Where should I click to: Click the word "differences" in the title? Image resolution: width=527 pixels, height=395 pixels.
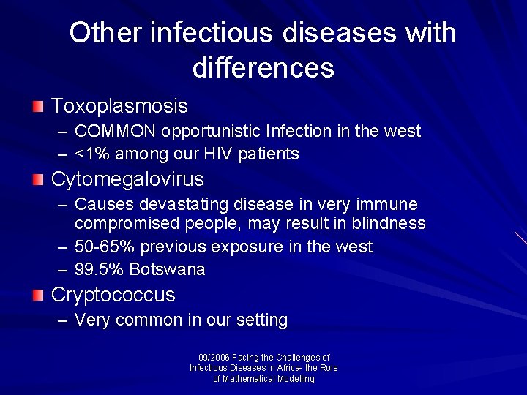pos(263,67)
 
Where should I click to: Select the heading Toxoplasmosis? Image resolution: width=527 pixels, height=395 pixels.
pos(119,106)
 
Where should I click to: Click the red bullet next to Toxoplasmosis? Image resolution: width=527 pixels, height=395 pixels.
pos(38,107)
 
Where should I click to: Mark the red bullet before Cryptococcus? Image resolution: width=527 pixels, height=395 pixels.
pos(38,296)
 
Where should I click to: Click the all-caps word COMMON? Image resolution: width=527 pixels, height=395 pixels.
pos(116,132)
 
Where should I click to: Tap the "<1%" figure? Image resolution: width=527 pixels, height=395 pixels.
pos(91,154)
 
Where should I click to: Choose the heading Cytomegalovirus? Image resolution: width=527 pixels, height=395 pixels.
pos(127,179)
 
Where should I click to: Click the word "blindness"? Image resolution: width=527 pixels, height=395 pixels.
pos(386,223)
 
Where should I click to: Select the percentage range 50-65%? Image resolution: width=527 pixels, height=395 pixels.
pos(106,247)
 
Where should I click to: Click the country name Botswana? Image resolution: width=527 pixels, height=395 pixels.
pos(167,270)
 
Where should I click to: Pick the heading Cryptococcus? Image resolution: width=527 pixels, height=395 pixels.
pos(113,296)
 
